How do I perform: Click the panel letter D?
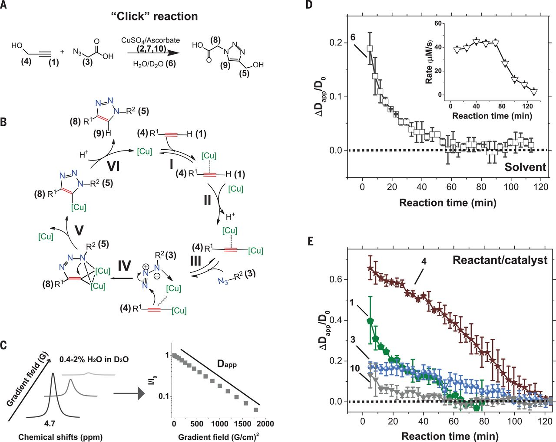click(309, 6)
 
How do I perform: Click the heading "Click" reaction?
click(154, 16)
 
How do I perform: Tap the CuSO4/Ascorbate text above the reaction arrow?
click(150, 40)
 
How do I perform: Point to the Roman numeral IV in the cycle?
click(124, 265)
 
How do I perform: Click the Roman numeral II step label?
click(207, 200)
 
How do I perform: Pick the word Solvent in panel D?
click(525, 167)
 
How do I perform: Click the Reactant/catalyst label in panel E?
click(500, 260)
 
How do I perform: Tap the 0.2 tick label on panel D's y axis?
click(336, 43)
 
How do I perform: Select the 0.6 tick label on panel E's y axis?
click(336, 280)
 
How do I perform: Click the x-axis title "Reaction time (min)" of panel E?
click(450, 435)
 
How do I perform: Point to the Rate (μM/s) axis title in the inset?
click(429, 60)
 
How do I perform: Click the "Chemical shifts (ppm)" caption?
click(60, 437)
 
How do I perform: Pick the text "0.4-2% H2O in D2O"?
click(94, 360)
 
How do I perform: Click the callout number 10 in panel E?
click(354, 368)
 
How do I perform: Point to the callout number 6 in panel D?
click(353, 37)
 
